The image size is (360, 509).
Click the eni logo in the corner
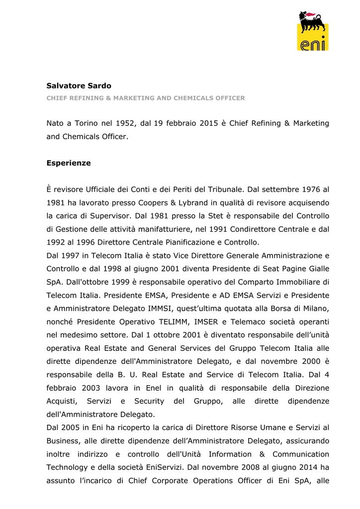312,31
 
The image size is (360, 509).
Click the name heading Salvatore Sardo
79,86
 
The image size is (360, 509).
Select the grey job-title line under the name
145,98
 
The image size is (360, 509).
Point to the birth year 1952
125,123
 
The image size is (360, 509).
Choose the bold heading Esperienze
69,163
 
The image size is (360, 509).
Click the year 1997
69,255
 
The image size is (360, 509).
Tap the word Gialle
317,269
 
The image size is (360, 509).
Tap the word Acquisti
61,401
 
